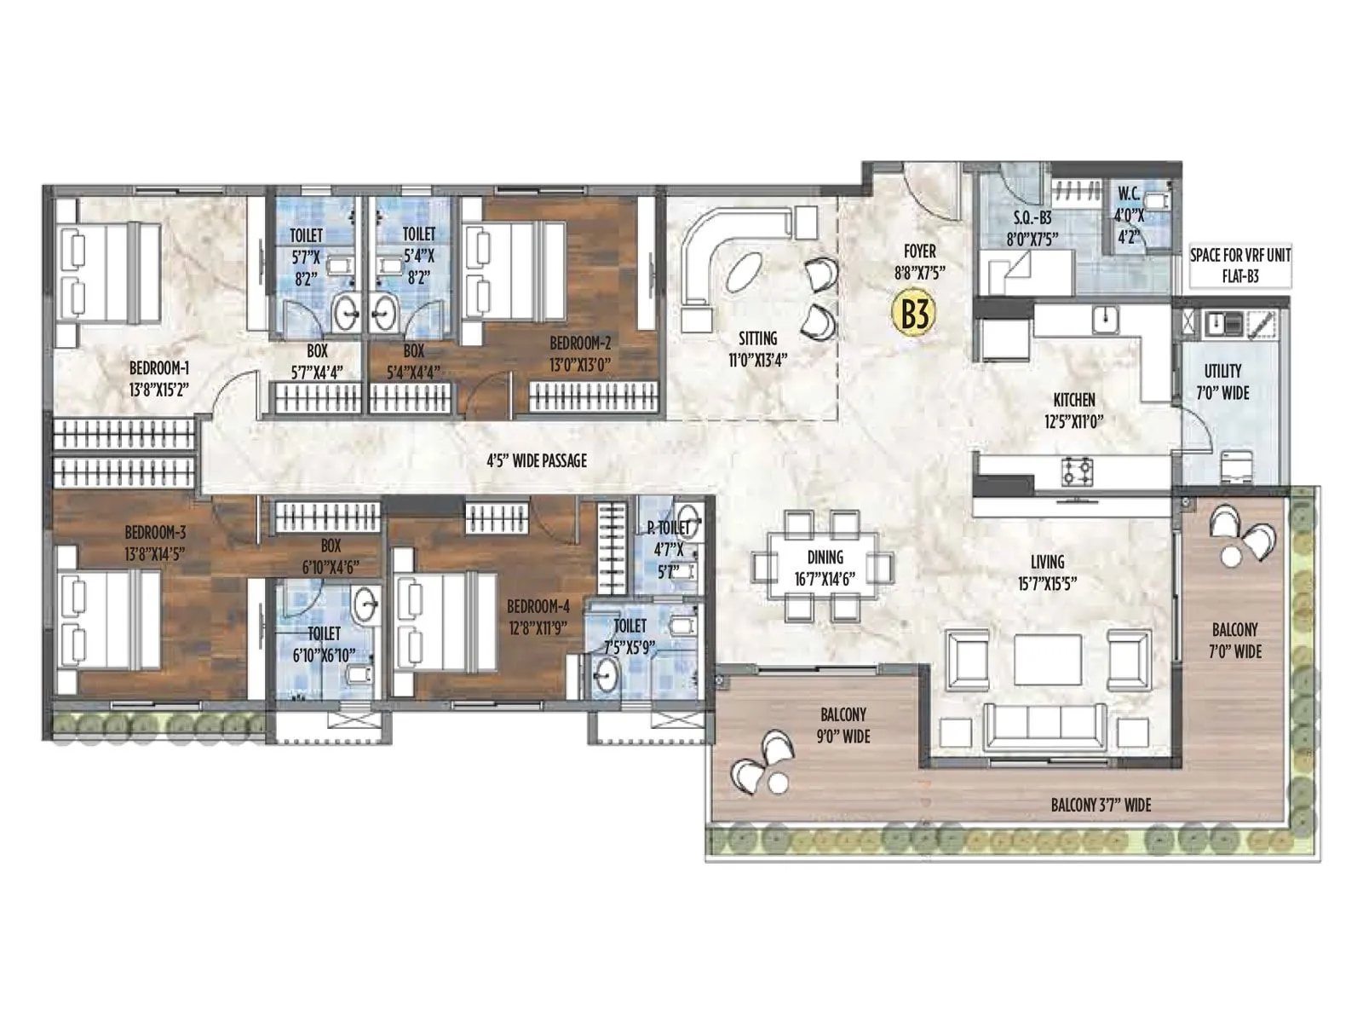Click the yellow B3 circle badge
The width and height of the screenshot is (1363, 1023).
click(913, 314)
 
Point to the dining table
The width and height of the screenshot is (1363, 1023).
click(824, 567)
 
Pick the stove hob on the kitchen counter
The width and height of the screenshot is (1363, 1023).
click(1076, 470)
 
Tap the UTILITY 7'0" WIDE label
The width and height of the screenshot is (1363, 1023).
click(1222, 382)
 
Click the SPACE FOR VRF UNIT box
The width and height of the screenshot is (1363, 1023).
click(1239, 265)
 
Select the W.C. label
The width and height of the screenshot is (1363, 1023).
click(1130, 194)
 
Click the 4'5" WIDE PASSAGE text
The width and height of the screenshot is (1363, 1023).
click(537, 461)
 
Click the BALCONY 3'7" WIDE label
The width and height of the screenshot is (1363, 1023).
click(1101, 805)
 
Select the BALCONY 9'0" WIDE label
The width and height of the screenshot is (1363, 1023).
click(843, 725)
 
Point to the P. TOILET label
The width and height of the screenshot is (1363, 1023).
click(668, 529)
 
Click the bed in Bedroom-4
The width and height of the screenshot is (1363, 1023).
click(443, 621)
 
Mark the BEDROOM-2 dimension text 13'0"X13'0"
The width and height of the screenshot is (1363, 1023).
click(580, 365)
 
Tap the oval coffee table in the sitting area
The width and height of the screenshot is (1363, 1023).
click(747, 272)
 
